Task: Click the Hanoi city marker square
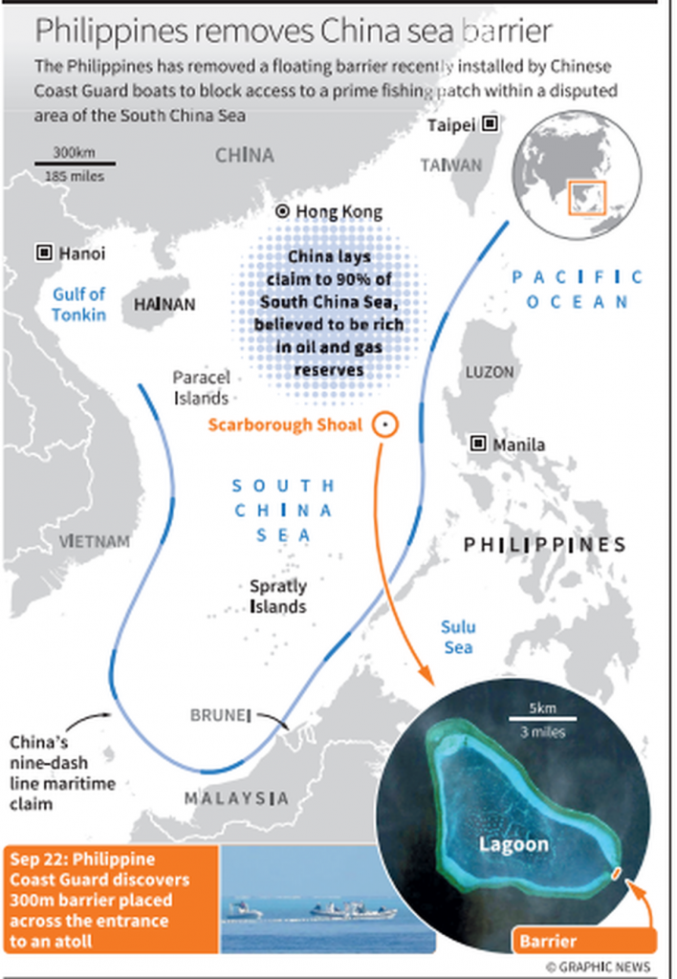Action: tap(44, 253)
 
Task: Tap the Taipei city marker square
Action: tap(490, 124)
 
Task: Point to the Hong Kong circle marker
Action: tap(282, 212)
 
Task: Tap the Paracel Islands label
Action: tap(201, 388)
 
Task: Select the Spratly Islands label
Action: tap(278, 597)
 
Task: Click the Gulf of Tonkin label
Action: tap(78, 304)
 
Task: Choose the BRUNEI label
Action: tap(220, 715)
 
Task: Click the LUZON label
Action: tap(490, 371)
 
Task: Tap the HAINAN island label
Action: tap(164, 304)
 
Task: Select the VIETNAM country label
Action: tap(95, 541)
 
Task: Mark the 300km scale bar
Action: tap(74, 163)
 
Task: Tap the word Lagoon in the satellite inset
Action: tap(514, 843)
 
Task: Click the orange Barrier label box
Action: tap(549, 941)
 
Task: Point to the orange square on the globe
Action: tap(587, 198)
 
